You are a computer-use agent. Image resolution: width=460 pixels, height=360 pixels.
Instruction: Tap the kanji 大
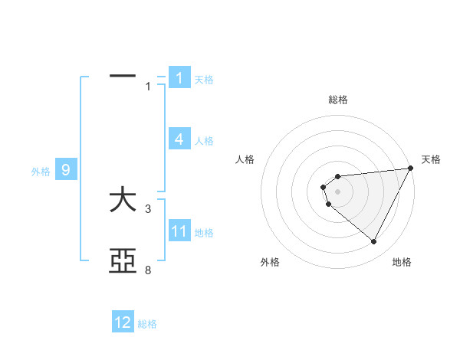123,201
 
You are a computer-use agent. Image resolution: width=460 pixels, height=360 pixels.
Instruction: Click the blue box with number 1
179,78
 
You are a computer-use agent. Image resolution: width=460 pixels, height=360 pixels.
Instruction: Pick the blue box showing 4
179,139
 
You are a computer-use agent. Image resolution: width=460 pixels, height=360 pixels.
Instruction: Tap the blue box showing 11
179,231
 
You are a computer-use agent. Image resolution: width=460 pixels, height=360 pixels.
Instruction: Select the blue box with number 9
66,170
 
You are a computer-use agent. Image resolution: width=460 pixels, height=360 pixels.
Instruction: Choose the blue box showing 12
123,322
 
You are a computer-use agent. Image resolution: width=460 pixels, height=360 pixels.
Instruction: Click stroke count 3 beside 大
149,208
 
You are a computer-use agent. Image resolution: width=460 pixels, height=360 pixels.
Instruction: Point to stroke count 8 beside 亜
149,270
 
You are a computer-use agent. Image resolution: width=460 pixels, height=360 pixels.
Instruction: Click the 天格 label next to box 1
204,79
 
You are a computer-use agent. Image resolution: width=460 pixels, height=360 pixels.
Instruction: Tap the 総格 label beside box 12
147,323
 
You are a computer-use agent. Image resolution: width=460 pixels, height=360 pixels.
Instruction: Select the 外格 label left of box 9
41,171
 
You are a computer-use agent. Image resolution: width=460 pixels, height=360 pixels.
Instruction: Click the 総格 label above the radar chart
338,100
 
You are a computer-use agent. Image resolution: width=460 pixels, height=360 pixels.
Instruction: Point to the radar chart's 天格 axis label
431,159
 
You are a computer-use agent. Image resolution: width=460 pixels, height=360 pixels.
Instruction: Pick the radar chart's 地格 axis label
402,263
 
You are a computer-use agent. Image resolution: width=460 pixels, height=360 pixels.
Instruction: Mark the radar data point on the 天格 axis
410,169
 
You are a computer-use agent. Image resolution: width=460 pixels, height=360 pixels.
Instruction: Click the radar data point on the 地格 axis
374,242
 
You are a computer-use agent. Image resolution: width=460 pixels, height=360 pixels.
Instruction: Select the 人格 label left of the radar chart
245,159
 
